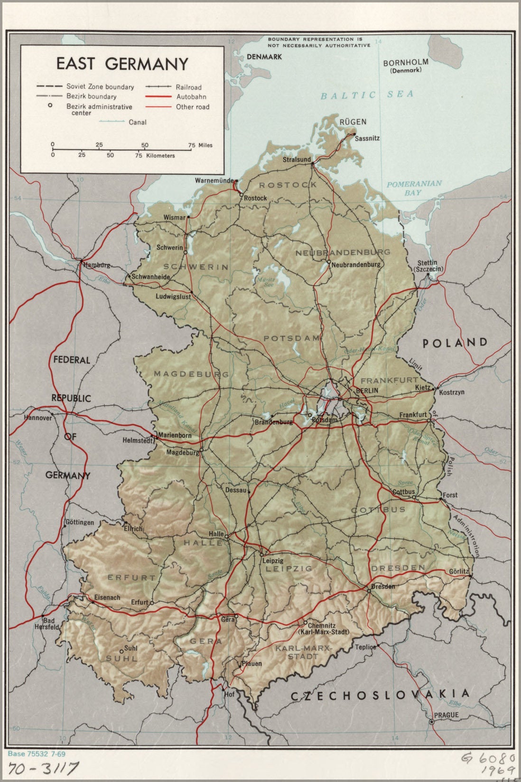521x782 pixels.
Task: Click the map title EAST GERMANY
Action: (122, 64)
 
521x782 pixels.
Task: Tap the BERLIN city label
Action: (367, 390)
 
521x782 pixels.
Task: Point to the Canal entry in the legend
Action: (137, 122)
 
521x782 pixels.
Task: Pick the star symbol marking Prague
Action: (431, 722)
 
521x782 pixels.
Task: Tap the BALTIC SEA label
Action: (367, 95)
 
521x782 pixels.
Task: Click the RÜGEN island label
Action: (353, 122)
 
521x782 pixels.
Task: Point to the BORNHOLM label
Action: (406, 62)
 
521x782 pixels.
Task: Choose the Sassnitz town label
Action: (367, 138)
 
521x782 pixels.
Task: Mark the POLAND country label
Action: (455, 342)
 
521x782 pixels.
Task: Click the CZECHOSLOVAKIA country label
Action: (380, 695)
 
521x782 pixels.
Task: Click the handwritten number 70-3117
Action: (43, 768)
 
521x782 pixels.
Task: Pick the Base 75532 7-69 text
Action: (37, 753)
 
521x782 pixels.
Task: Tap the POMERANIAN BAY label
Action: (413, 188)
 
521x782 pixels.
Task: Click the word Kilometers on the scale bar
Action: (160, 155)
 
